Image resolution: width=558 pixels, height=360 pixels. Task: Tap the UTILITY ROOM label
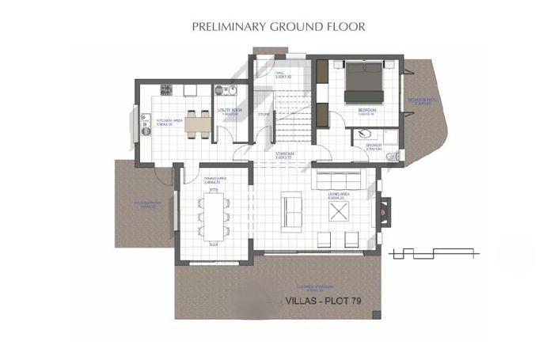tap(230, 110)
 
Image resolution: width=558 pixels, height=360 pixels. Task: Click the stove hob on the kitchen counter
tap(167, 89)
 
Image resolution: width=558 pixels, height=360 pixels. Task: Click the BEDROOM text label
tap(366, 110)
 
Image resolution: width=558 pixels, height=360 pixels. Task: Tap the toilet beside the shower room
tap(392, 157)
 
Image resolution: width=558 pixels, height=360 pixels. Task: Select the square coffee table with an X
tap(340, 210)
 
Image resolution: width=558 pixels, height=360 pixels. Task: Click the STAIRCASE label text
tap(285, 153)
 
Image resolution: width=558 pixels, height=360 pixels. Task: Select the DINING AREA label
tap(215, 180)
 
